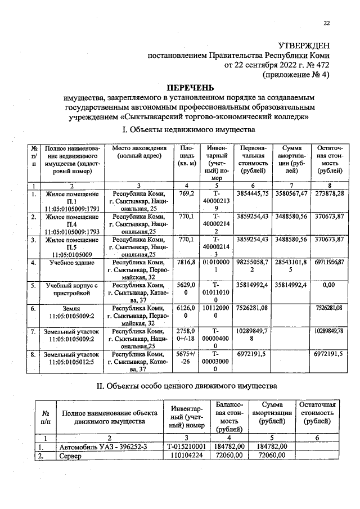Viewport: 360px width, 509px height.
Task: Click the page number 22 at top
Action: [326, 23]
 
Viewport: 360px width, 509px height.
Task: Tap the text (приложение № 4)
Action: [296, 74]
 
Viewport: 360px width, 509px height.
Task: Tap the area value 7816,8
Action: [186, 263]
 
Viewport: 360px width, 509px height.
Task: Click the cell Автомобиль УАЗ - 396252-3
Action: [98, 447]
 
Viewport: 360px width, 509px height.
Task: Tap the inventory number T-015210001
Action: [186, 447]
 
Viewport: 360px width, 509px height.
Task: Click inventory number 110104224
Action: [186, 456]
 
